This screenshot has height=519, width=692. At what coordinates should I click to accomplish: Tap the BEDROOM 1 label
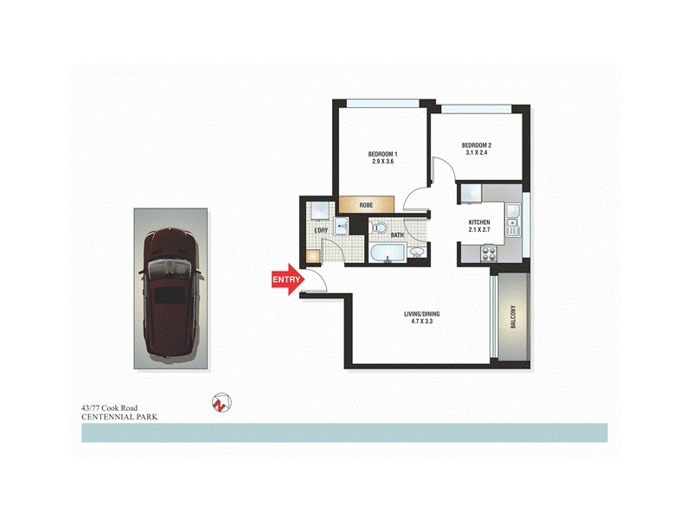383,154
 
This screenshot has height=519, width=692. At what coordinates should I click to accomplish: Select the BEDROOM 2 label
477,144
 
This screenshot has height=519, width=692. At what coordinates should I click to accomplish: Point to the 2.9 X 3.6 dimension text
383,162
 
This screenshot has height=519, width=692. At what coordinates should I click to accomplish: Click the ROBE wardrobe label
366,205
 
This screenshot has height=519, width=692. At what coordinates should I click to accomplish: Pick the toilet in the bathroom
380,227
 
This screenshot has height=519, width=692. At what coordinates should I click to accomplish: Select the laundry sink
341,226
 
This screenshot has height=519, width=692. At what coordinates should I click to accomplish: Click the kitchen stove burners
488,254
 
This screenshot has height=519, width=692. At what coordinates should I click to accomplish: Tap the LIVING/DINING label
421,314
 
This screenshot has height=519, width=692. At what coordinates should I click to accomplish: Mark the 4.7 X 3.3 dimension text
421,323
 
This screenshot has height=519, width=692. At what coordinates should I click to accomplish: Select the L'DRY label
320,231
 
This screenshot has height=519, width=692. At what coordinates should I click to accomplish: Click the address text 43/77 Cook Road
109,407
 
